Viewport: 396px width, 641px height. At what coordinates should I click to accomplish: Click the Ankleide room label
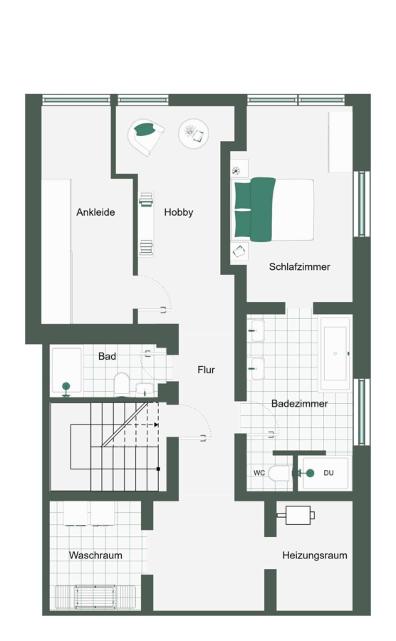[x=95, y=212]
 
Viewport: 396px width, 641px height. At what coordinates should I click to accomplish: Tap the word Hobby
[x=179, y=212]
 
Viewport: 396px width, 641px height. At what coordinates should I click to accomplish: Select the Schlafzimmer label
[x=300, y=266]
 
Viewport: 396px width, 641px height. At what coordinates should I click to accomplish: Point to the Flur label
[x=206, y=370]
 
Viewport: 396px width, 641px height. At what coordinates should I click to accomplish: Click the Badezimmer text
[x=300, y=404]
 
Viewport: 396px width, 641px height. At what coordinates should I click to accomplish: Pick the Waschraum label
[x=95, y=555]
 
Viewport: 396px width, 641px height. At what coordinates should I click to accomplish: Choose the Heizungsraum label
[x=315, y=555]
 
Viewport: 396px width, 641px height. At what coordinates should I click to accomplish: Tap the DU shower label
[x=328, y=473]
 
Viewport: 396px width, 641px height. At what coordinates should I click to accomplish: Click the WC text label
[x=259, y=473]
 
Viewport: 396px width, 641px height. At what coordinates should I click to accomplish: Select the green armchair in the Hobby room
[x=145, y=137]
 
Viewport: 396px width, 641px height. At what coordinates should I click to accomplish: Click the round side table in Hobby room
[x=193, y=134]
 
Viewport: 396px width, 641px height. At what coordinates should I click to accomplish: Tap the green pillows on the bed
[x=254, y=209]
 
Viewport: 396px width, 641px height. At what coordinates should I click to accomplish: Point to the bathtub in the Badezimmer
[x=335, y=353]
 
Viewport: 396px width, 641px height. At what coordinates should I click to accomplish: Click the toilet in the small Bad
[x=121, y=384]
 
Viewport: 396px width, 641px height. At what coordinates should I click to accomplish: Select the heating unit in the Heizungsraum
[x=298, y=515]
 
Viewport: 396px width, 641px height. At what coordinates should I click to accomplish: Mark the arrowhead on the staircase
[x=156, y=424]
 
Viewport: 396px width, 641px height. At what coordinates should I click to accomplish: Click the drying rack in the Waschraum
[x=95, y=598]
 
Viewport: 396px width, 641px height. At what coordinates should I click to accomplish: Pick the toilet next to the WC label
[x=279, y=473]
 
